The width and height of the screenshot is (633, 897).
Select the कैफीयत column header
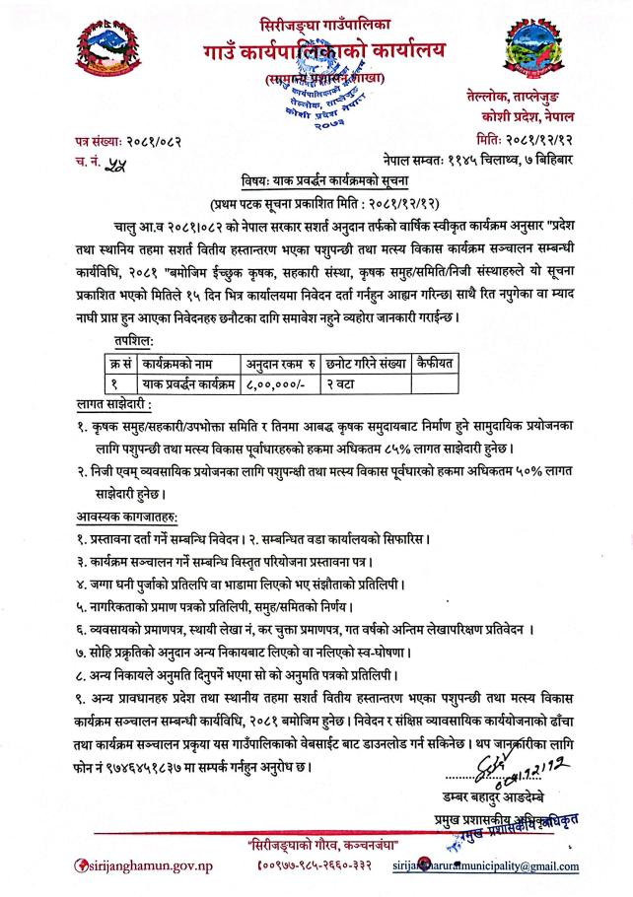point(434,335)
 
